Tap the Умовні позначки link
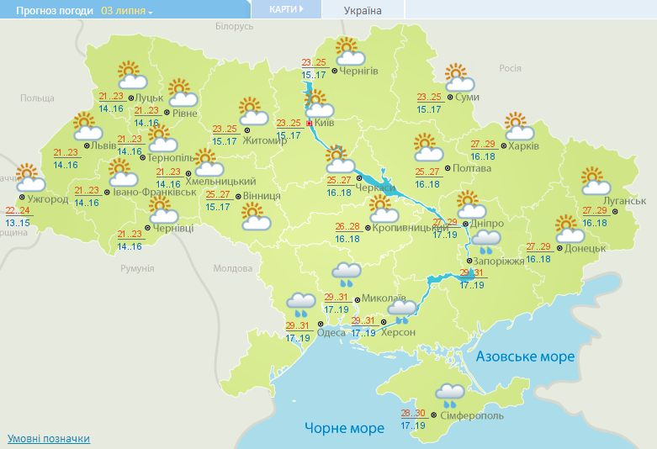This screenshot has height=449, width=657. [49, 439]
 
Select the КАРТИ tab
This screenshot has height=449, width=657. [287, 9]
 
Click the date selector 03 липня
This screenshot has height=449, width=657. [127, 11]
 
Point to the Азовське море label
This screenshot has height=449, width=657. [526, 357]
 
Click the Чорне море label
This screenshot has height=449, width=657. [345, 428]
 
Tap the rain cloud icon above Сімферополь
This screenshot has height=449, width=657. [451, 394]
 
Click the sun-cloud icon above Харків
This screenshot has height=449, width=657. [520, 127]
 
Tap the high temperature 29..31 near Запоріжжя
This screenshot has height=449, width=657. [473, 273]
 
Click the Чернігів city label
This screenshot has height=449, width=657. [359, 71]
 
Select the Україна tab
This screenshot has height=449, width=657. [363, 11]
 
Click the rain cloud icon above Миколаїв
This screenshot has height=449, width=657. [346, 273]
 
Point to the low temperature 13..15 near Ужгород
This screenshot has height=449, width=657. [17, 223]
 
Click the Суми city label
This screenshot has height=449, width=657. [468, 98]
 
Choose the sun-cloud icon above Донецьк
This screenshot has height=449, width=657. [570, 227]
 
